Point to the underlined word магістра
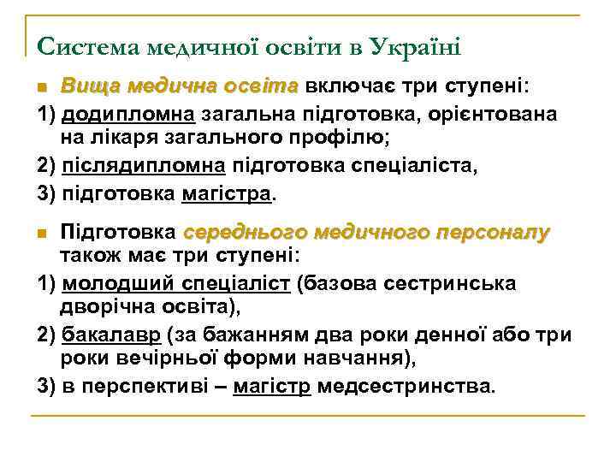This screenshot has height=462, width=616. [227, 193]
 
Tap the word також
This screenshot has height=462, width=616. [88, 256]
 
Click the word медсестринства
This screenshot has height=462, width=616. [405, 386]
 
